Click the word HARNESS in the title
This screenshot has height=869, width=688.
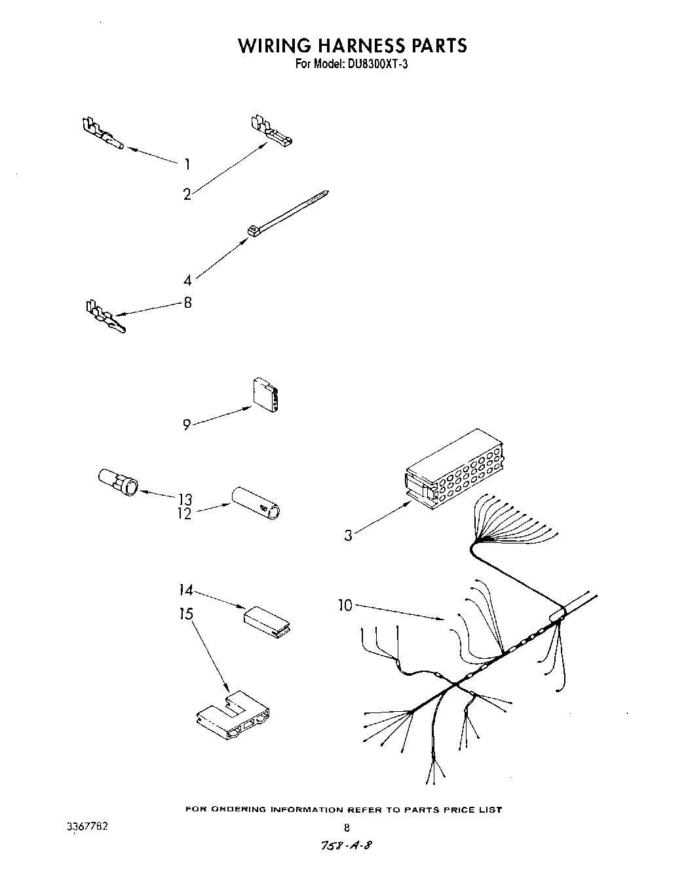352,45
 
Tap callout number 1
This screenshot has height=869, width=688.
187,164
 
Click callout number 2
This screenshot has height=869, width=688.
187,194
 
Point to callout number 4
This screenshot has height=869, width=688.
187,280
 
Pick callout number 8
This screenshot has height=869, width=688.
187,303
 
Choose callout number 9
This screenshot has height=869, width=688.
187,425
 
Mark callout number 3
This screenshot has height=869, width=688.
348,536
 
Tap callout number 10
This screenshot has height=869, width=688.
345,606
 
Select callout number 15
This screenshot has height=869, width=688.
186,614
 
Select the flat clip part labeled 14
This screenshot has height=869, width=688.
268,621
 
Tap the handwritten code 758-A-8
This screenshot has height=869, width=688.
347,845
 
